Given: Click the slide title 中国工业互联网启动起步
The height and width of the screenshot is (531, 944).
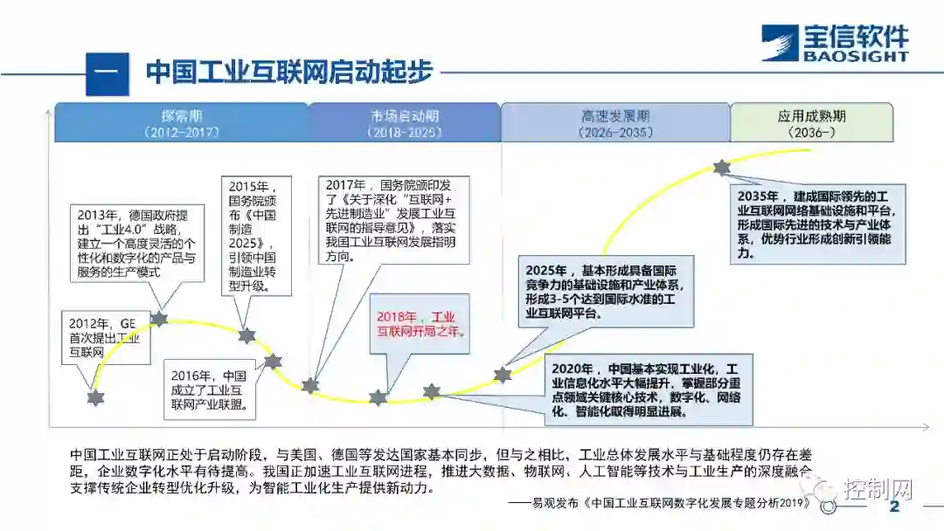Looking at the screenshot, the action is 289,72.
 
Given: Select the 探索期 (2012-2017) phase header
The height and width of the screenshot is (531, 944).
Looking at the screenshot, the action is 181,123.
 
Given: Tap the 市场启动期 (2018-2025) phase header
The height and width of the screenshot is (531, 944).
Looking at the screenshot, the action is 404,123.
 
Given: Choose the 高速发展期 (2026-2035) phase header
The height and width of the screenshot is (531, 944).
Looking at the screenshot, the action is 615,123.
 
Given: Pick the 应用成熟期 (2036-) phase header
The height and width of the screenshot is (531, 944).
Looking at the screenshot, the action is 811,123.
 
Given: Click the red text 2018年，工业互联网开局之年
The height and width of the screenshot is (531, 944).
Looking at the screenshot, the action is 420,324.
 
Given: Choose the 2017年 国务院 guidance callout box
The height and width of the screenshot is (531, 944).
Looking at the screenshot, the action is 395,220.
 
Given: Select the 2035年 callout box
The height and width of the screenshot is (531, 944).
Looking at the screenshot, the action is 817,224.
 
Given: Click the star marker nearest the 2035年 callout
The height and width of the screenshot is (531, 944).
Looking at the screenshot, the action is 721,167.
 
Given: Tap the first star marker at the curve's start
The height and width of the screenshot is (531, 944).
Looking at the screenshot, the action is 96,397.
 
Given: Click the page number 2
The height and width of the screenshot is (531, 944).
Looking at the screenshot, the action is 893,507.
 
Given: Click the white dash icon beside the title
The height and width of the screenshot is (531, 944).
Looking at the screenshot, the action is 107,73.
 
